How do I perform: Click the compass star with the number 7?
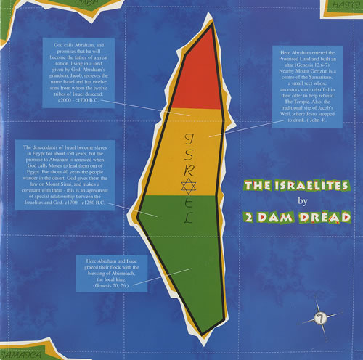pyautogui.click(x=319, y=316)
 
